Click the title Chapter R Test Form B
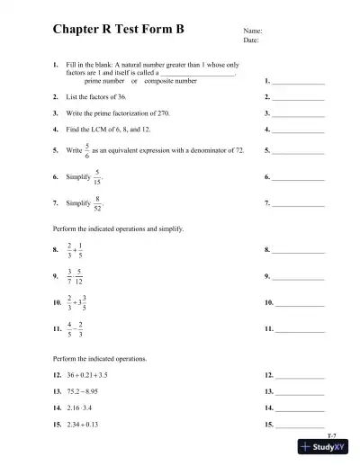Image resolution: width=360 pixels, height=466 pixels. point(117,29)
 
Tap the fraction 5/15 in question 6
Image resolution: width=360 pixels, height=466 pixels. point(97,178)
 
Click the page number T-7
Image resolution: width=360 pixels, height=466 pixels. point(331,435)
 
